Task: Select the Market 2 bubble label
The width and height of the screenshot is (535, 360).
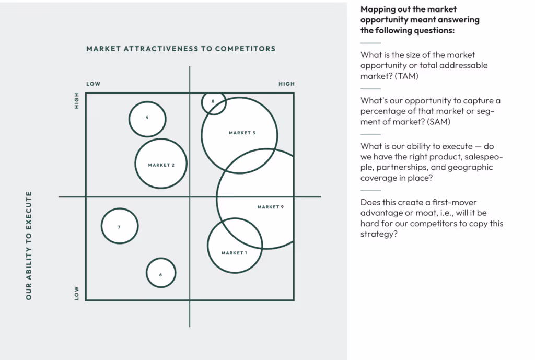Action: pyautogui.click(x=161, y=165)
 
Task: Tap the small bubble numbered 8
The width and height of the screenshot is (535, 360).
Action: pyautogui.click(x=213, y=101)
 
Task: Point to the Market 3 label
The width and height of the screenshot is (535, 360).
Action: pyautogui.click(x=242, y=133)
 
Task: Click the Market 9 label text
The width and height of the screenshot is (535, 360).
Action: pyautogui.click(x=270, y=207)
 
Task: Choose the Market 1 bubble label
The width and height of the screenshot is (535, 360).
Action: pyautogui.click(x=234, y=253)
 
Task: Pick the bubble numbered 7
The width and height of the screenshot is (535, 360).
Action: pyautogui.click(x=119, y=227)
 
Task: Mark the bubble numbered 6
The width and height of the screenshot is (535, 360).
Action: pyautogui.click(x=161, y=275)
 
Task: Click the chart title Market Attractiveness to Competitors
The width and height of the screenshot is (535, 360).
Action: pyautogui.click(x=181, y=49)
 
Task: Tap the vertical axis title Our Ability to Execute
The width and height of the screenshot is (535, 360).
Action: pyautogui.click(x=29, y=246)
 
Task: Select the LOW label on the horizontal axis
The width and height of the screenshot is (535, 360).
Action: pyautogui.click(x=94, y=84)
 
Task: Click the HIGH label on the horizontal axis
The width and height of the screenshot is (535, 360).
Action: pyautogui.click(x=286, y=84)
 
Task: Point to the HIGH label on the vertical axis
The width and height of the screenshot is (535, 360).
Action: pyautogui.click(x=77, y=100)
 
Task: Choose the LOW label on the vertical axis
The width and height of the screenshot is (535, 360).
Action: pyautogui.click(x=77, y=293)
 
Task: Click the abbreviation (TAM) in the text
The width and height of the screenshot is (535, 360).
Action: pyautogui.click(x=407, y=76)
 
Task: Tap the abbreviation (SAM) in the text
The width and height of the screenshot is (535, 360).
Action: pyautogui.click(x=439, y=122)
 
